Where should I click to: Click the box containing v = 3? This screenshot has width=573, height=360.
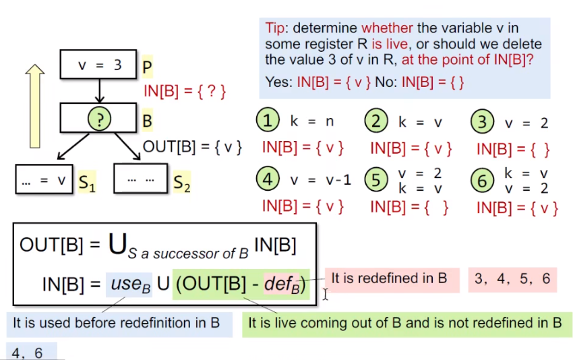point(99,65)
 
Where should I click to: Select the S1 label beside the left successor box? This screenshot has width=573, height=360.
point(86,182)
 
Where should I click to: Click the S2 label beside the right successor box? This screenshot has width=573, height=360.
point(181,182)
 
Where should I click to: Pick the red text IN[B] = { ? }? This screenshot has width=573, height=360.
point(184,90)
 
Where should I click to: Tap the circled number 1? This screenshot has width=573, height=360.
point(268,121)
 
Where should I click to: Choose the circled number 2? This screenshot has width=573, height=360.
point(376,121)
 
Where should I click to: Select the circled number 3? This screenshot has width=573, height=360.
point(482,122)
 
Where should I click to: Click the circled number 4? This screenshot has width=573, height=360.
point(268,179)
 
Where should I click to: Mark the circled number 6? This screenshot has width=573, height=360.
point(482,180)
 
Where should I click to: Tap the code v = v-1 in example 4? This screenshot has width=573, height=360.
point(320,180)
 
